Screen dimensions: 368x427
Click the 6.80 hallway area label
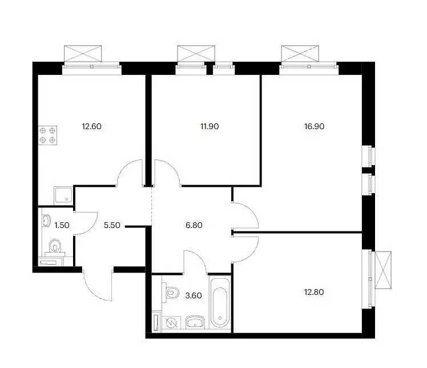tap(194, 225)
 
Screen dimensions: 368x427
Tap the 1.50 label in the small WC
tap(61, 225)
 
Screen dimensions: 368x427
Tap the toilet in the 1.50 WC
tap(55, 247)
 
